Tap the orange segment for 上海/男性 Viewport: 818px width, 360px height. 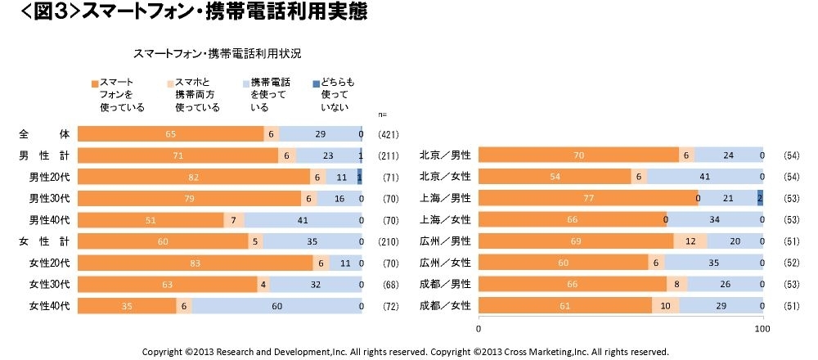[x=587, y=197]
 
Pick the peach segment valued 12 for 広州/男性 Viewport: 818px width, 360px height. [x=690, y=241]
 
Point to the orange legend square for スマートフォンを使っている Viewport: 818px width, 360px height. [x=95, y=83]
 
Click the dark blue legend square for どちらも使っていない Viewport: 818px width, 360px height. [x=317, y=83]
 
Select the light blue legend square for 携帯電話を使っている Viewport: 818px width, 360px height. [x=246, y=83]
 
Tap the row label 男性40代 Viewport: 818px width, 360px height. [x=49, y=219]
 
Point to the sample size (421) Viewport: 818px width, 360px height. [x=388, y=134]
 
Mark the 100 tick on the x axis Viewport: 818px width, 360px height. [x=762, y=328]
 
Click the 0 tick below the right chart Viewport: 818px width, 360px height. [x=479, y=328]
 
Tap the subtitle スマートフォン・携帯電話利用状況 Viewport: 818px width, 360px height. [x=217, y=54]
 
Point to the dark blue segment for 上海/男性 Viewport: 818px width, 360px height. [x=760, y=197]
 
